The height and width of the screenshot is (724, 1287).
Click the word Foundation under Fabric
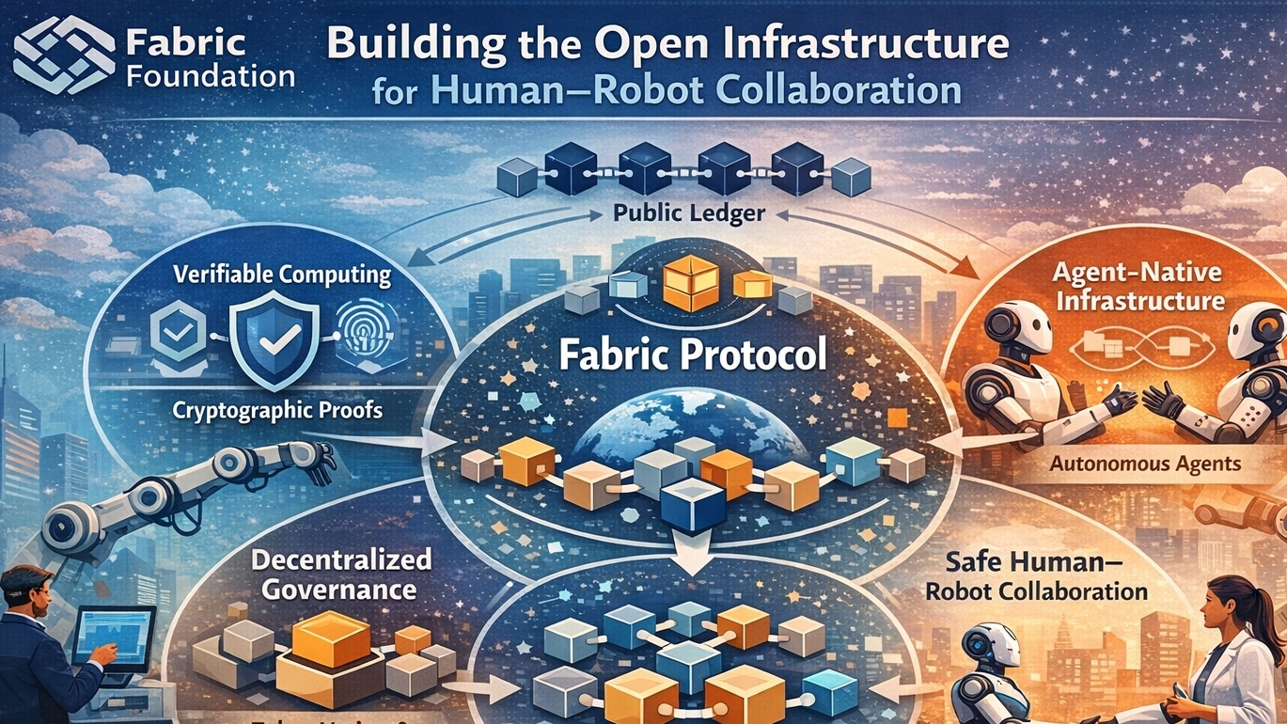210,74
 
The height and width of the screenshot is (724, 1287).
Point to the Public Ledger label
689,213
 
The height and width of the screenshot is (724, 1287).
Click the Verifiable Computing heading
281,275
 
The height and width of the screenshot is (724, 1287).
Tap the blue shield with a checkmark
272,338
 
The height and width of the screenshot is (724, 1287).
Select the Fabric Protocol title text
693,356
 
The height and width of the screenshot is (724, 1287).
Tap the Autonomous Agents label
1144,464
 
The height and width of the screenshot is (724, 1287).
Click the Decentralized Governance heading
340,574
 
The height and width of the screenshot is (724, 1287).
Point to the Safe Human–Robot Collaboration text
1037,577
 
